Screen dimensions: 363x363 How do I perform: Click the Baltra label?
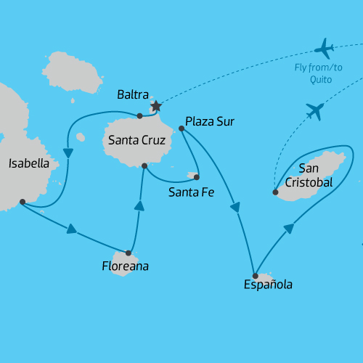tap(133, 95)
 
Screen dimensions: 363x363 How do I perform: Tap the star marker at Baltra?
tap(155, 107)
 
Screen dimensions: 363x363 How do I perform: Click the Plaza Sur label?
tap(210, 121)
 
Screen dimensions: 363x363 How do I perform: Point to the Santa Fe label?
tap(190, 192)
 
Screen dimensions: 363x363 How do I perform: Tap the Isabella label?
tap(29, 163)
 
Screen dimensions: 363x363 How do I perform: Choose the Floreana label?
tap(125, 266)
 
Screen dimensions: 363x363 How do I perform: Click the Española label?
tap(269, 285)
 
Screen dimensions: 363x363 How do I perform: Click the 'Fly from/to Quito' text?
tap(319, 73)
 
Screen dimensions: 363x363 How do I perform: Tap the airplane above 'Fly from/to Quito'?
tap(324, 49)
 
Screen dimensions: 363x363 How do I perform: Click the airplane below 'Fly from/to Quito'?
tap(314, 111)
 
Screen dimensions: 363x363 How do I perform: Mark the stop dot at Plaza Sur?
tap(181, 129)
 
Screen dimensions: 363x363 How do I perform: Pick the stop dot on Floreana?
tap(129, 253)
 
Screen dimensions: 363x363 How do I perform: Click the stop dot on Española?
tap(255, 276)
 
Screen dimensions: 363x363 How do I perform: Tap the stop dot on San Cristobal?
tap(275, 192)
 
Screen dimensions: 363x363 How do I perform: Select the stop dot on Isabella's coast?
tap(23, 201)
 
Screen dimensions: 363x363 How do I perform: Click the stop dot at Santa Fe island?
tap(196, 176)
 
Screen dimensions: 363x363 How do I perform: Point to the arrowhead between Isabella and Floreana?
tap(71, 229)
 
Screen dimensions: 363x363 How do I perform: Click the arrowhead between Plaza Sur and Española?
tap(235, 208)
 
